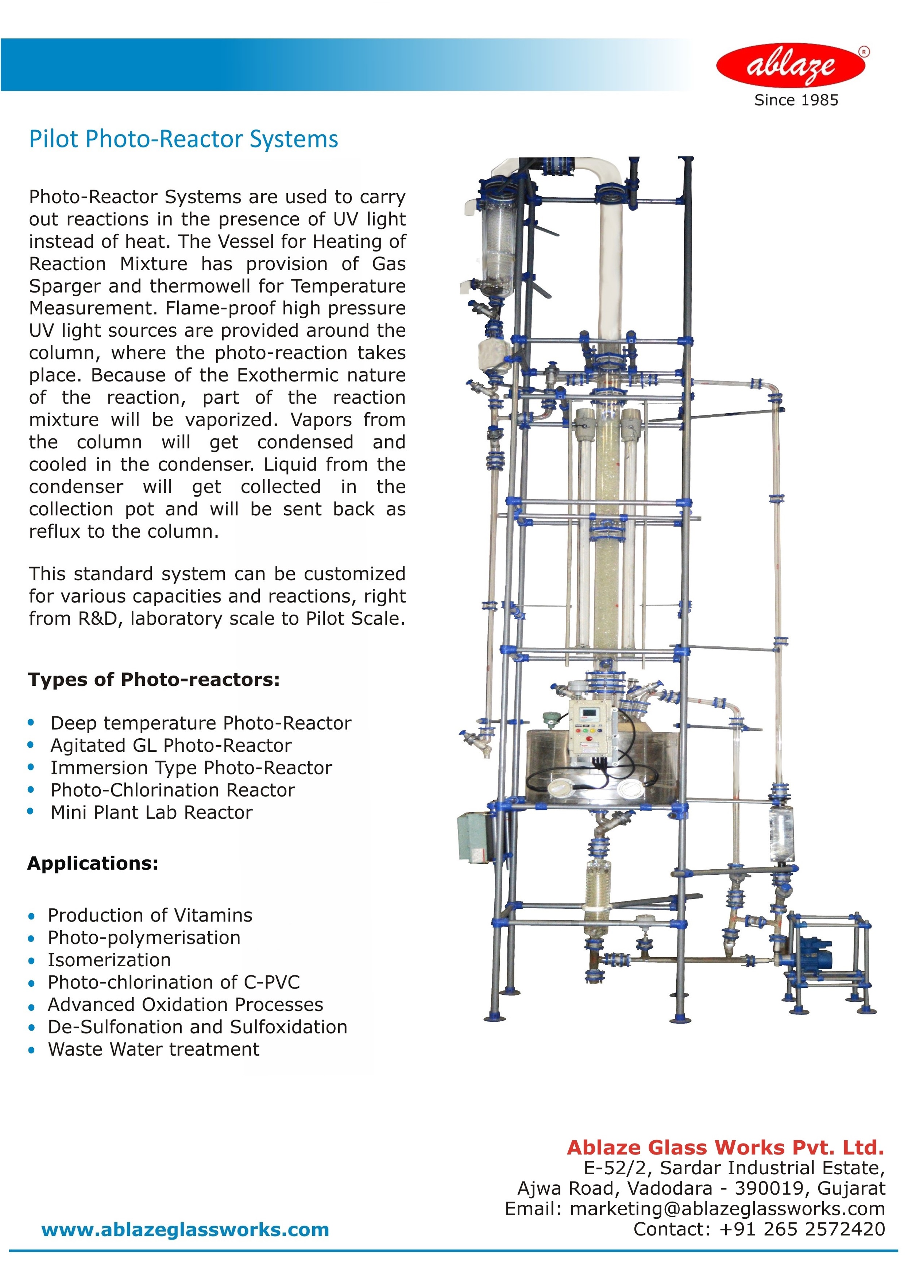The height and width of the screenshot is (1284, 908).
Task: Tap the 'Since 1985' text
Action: pyautogui.click(x=796, y=100)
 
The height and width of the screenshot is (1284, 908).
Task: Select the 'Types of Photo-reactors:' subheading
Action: pyautogui.click(x=154, y=680)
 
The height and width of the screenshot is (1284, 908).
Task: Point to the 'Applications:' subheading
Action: pyautogui.click(x=93, y=863)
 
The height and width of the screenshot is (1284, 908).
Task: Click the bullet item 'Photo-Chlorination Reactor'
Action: pyautogui.click(x=172, y=790)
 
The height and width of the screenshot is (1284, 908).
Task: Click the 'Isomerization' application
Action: pyautogui.click(x=109, y=960)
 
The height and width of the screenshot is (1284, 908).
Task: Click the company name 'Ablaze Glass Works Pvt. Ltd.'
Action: pyautogui.click(x=725, y=1148)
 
